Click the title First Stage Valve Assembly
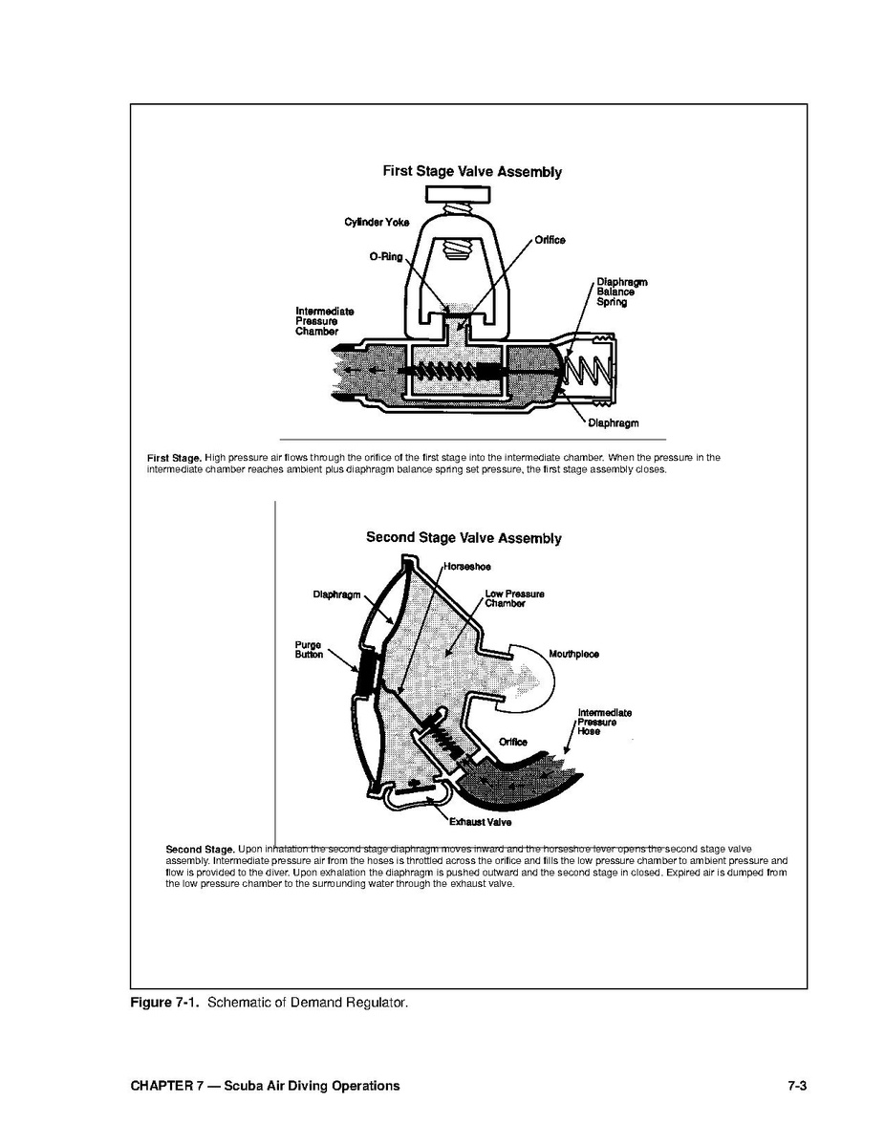tap(471, 172)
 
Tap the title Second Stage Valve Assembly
tap(464, 538)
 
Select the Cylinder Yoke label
tap(377, 223)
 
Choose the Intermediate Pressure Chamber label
tap(324, 321)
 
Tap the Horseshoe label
tap(466, 567)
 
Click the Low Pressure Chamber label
tap(514, 599)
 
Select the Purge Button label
tap(309, 650)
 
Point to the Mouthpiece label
tap(573, 655)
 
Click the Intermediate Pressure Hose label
tap(604, 722)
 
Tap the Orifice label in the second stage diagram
tap(512, 742)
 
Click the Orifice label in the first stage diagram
tap(549, 240)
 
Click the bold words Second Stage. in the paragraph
tap(200, 849)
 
